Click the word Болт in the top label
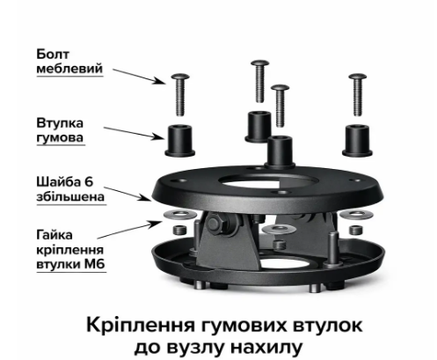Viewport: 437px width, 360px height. [53, 55]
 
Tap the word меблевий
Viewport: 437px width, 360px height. [69, 69]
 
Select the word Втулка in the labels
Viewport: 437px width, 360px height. [60, 123]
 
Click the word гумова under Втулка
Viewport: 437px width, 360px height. [60, 137]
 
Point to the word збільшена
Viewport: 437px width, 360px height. [70, 196]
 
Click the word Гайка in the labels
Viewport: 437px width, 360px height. [55, 235]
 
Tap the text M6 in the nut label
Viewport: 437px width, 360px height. [94, 264]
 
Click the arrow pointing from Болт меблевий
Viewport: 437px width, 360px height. [139, 77]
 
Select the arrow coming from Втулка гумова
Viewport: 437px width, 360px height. [134, 134]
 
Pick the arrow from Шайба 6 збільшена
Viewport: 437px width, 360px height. [127, 194]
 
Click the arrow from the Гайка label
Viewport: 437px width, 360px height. [129, 230]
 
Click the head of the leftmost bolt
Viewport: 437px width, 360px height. [180, 77]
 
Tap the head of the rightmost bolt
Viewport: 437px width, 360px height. [357, 77]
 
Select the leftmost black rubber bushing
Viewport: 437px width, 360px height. [180, 141]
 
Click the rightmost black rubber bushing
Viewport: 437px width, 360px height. [357, 141]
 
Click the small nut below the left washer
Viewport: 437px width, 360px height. [179, 230]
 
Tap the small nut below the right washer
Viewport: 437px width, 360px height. [356, 230]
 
